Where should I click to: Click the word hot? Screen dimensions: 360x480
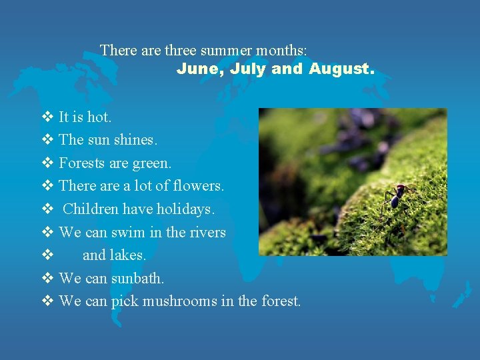(x=99, y=117)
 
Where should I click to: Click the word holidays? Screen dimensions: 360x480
(x=186, y=209)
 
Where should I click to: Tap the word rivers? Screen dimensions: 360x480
(x=208, y=233)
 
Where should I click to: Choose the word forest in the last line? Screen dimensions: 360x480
(x=281, y=301)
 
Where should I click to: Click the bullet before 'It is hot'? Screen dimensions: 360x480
(x=47, y=117)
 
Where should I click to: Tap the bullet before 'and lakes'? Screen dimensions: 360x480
(x=47, y=255)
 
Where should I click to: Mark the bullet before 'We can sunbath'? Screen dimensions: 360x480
(x=47, y=278)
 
